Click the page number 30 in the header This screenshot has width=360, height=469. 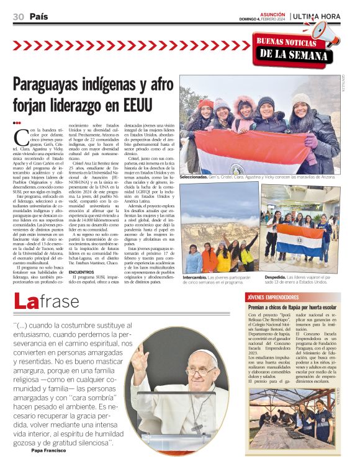point(18,17)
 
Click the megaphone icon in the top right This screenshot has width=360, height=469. point(322,32)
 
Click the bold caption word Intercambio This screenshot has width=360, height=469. point(196,277)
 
